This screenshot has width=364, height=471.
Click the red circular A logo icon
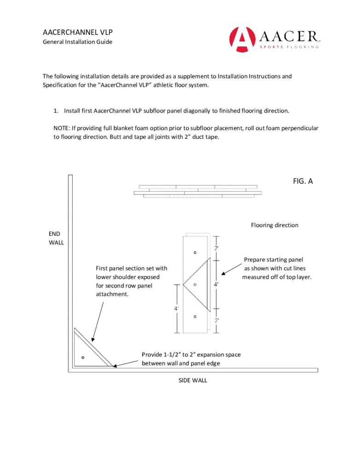pos(242,40)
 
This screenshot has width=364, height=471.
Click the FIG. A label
pos(303,181)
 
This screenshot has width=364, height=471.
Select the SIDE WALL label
pos(193,380)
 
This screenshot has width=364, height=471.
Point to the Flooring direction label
pos(275,225)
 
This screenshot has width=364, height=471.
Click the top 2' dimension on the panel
pos(216,248)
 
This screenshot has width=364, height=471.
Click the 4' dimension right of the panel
pos(216,284)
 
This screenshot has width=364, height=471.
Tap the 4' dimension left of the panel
pos(176,308)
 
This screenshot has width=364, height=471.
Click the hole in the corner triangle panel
pos(83,357)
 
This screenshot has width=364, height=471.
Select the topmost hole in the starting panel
pos(195,252)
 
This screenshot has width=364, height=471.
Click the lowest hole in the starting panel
pos(195,316)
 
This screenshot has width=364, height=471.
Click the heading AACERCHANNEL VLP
pos(78,33)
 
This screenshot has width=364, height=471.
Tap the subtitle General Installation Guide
pos(77,42)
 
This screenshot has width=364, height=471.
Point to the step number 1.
pos(56,111)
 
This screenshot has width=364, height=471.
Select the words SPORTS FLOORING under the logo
pos(289,47)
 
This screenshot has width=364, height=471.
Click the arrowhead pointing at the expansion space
pos(115,366)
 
